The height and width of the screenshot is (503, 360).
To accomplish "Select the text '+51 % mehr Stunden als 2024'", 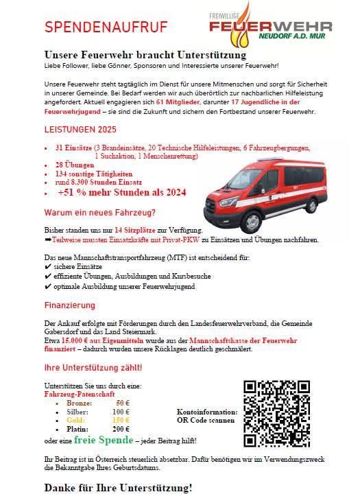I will pos(122,193).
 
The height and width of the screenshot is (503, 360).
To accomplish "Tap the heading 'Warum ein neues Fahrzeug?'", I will pos(99,212).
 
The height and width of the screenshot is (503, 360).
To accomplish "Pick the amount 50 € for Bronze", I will pos(123,403).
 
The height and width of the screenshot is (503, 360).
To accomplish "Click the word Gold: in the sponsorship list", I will pos(75,419).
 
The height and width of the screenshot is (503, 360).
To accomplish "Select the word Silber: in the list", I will pos(77,411).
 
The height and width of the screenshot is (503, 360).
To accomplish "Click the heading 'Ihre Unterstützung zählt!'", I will pos(93,368).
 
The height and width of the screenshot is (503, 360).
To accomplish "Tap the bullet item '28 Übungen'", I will pos(73,166).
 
